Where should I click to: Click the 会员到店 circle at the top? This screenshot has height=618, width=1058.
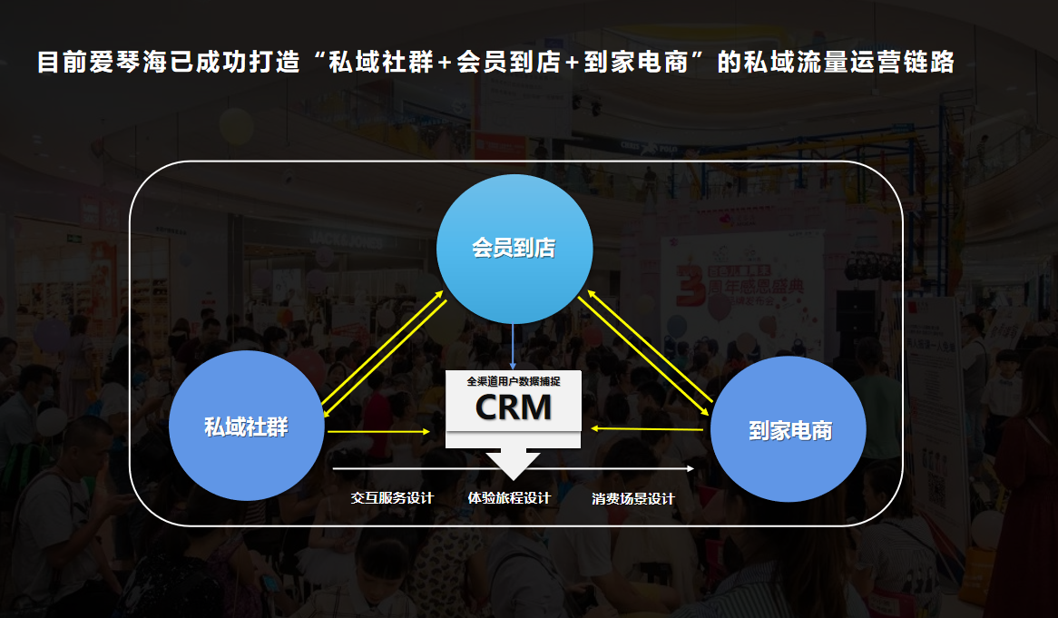coord(514,248)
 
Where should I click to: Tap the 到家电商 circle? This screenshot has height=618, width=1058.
coord(789,430)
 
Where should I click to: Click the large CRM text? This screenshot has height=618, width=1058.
coord(514,407)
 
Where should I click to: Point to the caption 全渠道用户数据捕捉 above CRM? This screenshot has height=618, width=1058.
coord(514,382)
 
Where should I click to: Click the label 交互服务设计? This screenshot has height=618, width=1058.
coord(392,498)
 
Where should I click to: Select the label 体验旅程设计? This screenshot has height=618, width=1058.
coord(509,498)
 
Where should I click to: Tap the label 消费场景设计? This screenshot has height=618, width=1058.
coord(633,498)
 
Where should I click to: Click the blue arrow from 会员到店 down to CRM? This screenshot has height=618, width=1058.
coord(514,345)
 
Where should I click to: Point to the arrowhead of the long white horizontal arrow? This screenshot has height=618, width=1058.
coord(690,469)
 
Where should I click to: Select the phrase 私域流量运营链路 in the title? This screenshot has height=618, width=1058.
coord(847,63)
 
